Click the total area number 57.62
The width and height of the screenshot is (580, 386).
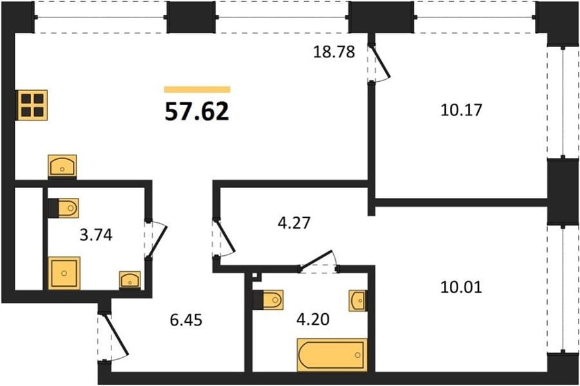point(197,111)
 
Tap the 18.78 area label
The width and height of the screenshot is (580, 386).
point(334,52)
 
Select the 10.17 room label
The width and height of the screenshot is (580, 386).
point(461,110)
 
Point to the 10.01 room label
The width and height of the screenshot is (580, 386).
point(461,287)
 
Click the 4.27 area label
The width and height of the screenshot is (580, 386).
point(294,223)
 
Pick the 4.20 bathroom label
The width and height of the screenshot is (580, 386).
point(313,319)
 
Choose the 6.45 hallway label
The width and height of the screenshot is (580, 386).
point(186,320)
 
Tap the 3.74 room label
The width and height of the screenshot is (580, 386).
point(96,235)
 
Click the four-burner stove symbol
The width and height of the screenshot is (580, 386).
point(32,105)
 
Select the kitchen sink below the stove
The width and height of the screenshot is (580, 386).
point(62,166)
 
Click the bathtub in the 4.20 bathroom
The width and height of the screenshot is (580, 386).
point(332,354)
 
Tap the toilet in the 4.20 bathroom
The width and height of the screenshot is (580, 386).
point(269,300)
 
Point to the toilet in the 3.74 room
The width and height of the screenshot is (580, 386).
point(64,208)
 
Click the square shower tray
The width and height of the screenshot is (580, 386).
point(64,273)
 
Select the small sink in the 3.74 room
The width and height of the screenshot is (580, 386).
point(130,280)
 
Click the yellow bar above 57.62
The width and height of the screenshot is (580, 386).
point(197,90)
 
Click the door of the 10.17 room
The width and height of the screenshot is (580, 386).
point(380,63)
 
